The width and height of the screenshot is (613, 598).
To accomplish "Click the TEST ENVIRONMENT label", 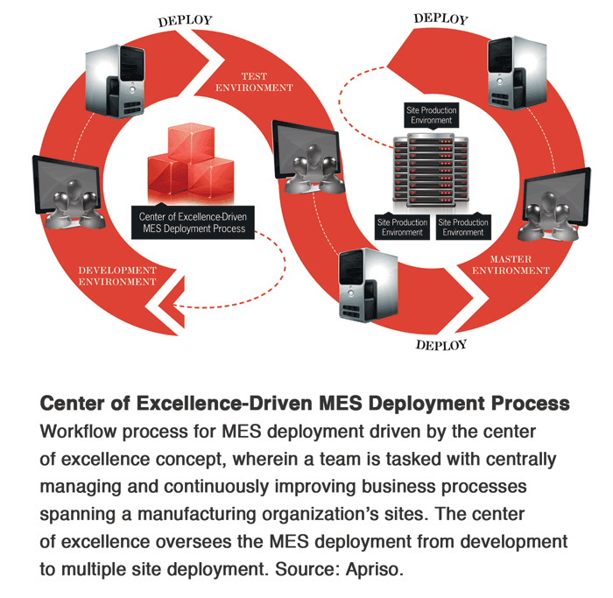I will (254, 82).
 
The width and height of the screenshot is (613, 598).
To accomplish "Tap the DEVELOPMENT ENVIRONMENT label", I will (117, 276).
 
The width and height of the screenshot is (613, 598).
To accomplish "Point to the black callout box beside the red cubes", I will (193, 222).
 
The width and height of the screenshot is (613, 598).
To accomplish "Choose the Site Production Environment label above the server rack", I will (429, 115).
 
